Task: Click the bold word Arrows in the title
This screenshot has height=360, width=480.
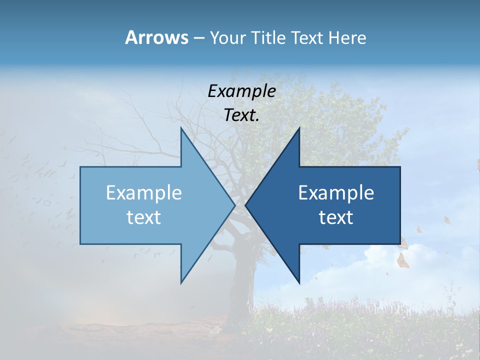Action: click(156, 37)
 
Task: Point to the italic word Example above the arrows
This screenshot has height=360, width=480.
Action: click(242, 91)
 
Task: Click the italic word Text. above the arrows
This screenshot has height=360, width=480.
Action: click(242, 115)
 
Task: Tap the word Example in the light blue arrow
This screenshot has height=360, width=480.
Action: click(144, 192)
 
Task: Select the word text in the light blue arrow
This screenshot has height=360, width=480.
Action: click(144, 217)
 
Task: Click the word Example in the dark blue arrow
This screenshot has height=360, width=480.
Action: click(336, 192)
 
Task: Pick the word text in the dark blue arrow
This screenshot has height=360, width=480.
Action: click(336, 217)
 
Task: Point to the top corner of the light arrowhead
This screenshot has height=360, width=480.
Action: click(181, 129)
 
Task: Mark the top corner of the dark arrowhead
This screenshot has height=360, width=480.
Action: click(299, 129)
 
